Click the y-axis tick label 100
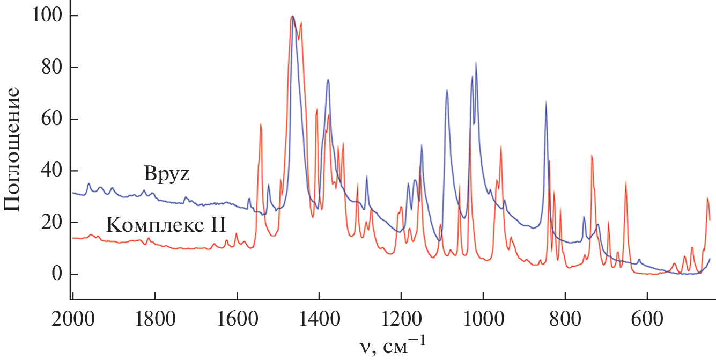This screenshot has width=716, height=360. click(49, 16)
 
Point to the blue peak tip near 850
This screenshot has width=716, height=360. click(546, 101)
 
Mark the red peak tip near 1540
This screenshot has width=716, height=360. click(261, 124)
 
